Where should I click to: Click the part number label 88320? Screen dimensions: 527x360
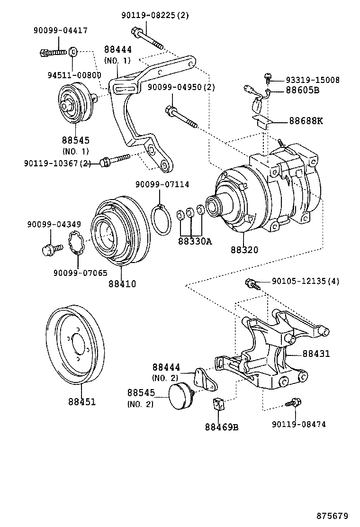pos(245,250)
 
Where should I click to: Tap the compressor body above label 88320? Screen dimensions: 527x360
pos(265,190)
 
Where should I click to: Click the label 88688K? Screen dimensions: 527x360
pos(306,121)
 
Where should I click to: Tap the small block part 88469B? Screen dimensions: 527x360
pos(218,404)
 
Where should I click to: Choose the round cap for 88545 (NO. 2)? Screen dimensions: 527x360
pos(181,396)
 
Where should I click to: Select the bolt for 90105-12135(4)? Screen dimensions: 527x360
pos(251,284)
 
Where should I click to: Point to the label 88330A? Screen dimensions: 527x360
pos(195,241)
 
